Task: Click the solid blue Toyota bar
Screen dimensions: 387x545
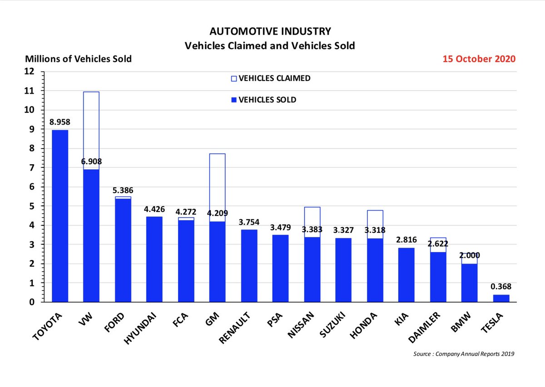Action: pyautogui.click(x=59, y=216)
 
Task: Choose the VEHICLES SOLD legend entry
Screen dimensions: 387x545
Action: pyautogui.click(x=264, y=100)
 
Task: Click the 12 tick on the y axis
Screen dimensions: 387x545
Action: pyautogui.click(x=30, y=71)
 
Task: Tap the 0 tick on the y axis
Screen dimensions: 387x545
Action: pyautogui.click(x=32, y=302)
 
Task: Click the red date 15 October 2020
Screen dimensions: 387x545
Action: pyautogui.click(x=481, y=59)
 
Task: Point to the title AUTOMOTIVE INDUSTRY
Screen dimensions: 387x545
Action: pyautogui.click(x=270, y=31)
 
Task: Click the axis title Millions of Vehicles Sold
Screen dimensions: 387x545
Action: pyautogui.click(x=78, y=59)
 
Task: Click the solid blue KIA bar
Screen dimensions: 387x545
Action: pyautogui.click(x=405, y=275)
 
